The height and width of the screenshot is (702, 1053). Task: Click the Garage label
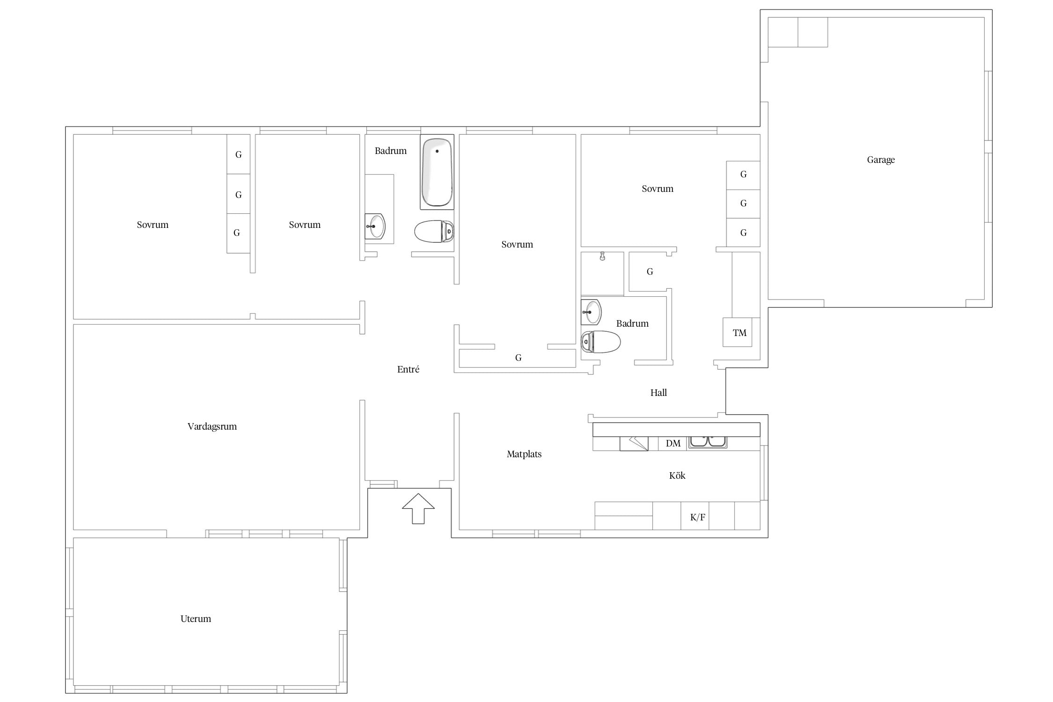880,160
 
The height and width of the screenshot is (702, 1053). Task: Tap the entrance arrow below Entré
418,508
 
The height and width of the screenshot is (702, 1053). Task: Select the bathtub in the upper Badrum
437,172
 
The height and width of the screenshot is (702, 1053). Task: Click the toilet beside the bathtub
434,231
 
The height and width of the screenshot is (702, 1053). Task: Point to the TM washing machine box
738,332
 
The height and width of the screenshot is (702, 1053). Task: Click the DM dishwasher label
673,443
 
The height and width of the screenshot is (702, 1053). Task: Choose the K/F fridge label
697,517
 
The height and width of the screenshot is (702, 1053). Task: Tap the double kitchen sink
708,441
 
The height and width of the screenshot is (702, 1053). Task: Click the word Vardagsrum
212,426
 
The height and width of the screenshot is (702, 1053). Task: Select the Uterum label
196,619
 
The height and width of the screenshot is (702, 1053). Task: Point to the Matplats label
524,454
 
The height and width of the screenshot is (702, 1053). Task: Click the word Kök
677,475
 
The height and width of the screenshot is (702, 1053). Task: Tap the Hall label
658,393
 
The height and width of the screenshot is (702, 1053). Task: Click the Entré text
408,369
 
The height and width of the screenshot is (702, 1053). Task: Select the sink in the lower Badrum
591,312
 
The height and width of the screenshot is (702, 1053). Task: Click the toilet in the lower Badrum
600,342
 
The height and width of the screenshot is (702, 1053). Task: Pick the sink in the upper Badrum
375,227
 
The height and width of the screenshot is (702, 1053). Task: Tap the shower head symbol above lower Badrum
602,256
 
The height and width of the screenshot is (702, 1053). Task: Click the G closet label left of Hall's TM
650,271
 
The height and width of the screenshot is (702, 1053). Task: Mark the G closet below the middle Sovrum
518,358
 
